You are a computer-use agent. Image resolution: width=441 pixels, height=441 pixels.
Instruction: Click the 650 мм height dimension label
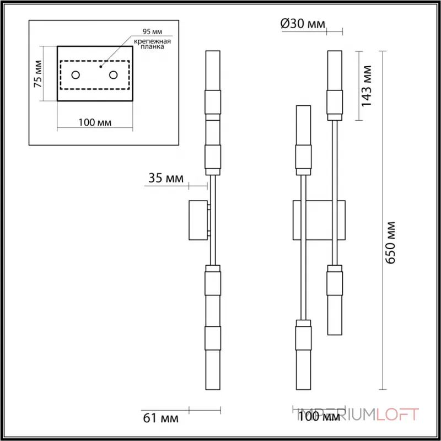coord(391,242)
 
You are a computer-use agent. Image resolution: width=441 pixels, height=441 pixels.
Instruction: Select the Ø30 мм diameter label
coord(303,24)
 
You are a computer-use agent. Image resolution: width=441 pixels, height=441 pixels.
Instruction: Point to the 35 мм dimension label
coord(165,178)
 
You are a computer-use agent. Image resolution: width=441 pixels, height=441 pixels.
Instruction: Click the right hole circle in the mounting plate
coord(114,74)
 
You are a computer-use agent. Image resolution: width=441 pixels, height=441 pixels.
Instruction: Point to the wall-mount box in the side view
coord(198,220)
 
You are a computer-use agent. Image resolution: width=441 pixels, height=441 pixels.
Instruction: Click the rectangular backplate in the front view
coord(319,220)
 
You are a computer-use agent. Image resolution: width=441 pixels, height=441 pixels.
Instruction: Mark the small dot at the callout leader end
coord(100,66)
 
